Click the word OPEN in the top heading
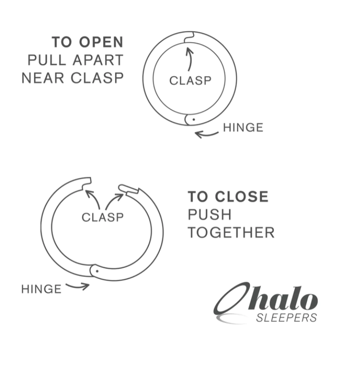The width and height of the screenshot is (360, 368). [101, 42]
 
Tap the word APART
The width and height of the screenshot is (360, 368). [98, 60]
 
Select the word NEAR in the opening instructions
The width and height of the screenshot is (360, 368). [43, 78]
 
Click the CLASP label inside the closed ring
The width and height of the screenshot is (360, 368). [190, 81]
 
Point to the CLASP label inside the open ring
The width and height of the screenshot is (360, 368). [102, 218]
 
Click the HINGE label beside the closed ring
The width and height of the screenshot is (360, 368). [243, 128]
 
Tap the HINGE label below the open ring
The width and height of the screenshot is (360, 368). [41, 289]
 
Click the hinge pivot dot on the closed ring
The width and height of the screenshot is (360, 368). [194, 120]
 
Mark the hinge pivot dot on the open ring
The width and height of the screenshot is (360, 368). [97, 271]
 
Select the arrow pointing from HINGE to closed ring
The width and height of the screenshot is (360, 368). [207, 135]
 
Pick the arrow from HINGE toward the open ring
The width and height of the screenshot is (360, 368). [78, 286]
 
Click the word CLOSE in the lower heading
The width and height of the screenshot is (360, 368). [242, 197]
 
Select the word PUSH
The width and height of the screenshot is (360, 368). [210, 214]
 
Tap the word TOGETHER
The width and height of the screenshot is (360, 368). [231, 232]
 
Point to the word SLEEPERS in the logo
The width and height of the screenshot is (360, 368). [286, 318]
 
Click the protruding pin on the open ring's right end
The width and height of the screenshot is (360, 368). [128, 189]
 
